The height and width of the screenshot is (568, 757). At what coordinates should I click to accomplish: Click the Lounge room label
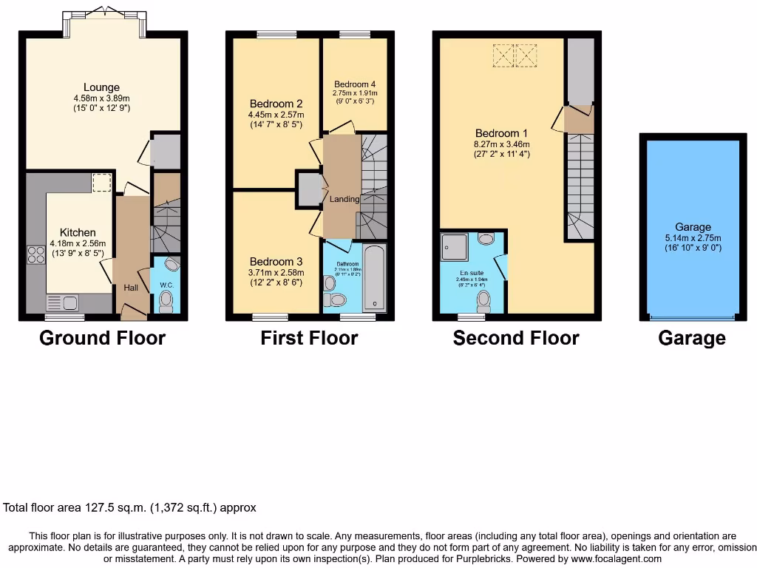pyautogui.click(x=101, y=87)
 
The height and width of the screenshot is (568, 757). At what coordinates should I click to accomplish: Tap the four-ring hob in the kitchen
pyautogui.click(x=35, y=254)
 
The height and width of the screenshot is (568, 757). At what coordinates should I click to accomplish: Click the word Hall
pyautogui.click(x=131, y=288)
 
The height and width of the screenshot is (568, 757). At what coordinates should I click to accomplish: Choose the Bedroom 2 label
pyautogui.click(x=276, y=104)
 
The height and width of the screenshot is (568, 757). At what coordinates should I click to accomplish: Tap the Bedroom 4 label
pyautogui.click(x=355, y=84)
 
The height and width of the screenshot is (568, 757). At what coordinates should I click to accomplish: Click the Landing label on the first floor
pyautogui.click(x=344, y=199)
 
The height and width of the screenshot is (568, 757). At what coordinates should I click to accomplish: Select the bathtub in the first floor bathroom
pyautogui.click(x=375, y=280)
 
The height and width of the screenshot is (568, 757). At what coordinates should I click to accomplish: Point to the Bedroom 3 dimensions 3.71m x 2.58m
pyautogui.click(x=276, y=273)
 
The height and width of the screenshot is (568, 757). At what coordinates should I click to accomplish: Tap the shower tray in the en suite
pyautogui.click(x=455, y=247)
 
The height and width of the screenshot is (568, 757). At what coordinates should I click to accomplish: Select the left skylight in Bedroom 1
pyautogui.click(x=503, y=55)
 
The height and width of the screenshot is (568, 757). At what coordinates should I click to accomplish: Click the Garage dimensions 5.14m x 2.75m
pyautogui.click(x=693, y=238)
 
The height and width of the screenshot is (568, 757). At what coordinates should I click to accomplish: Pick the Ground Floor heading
pyautogui.click(x=102, y=339)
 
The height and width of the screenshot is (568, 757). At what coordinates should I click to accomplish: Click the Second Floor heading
pyautogui.click(x=516, y=339)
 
